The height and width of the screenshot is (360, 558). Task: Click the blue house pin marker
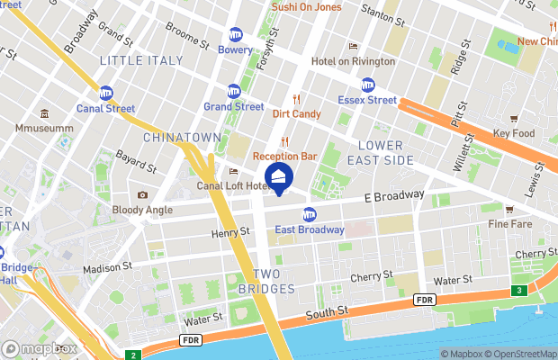279,177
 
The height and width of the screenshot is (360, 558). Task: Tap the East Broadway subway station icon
310,214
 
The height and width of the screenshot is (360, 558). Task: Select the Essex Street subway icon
368,85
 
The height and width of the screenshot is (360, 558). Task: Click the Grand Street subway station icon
234,91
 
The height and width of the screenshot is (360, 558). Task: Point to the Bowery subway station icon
236,34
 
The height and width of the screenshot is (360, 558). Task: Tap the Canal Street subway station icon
106,93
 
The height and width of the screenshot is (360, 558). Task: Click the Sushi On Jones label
309,8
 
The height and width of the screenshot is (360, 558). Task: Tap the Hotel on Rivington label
353,61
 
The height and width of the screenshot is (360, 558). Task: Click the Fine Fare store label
510,223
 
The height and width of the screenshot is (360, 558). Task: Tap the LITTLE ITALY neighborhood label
141,60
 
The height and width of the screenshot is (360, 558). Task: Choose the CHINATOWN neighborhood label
182,137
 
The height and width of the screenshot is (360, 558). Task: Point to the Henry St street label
230,232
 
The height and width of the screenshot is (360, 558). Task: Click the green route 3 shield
519,290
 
